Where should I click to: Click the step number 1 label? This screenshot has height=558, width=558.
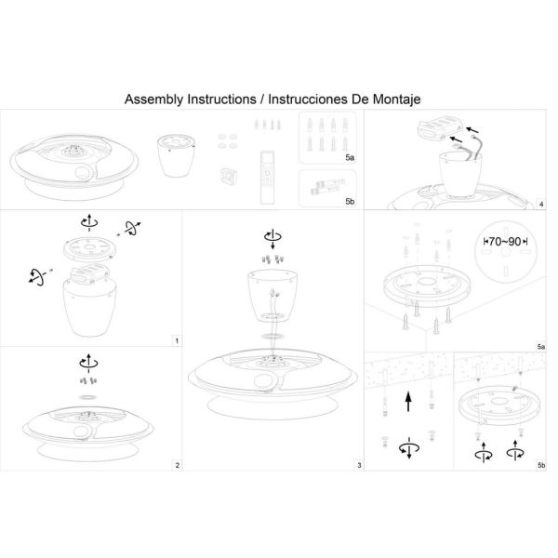pyautogui.click(x=177, y=341)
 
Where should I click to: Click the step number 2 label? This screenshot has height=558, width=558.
pyautogui.click(x=177, y=464)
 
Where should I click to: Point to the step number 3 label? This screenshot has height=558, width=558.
pyautogui.click(x=358, y=464)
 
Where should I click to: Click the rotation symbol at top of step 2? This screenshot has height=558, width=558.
pyautogui.click(x=87, y=362)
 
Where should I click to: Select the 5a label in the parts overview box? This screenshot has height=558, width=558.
pyautogui.click(x=349, y=159)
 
